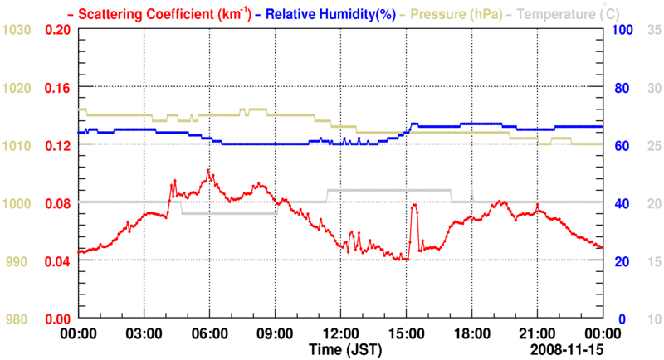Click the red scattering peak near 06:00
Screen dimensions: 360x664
tap(208, 171)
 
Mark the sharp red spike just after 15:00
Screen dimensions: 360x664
tap(413, 205)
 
